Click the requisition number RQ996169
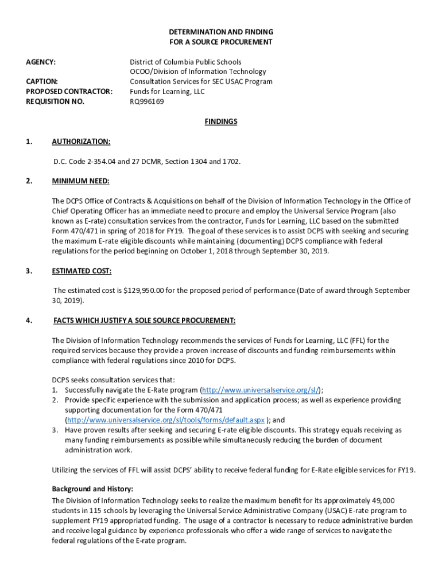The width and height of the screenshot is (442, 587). coord(146,101)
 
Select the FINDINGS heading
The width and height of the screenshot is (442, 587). coord(221,122)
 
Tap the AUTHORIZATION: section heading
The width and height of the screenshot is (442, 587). coord(81,142)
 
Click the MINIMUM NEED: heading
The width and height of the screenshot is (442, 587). coord(80,181)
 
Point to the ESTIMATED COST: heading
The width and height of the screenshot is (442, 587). coord(82,271)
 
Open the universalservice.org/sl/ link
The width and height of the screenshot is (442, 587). coord(261,390)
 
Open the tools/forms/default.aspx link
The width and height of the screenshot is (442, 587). coord(166,420)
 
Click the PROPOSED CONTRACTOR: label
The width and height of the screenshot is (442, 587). coord(69,92)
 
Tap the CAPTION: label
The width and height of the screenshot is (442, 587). coord(42,81)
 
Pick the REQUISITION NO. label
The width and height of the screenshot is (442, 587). coord(55,101)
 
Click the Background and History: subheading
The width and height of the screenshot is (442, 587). coord(92,489)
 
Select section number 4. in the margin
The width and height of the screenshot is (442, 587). coord(29,320)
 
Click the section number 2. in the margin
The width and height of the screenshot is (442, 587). coord(29,181)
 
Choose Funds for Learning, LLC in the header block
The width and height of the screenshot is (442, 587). coord(166,92)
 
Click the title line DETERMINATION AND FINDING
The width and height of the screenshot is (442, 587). coord(221,32)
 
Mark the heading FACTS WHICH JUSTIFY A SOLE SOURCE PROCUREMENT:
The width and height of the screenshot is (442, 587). coord(144,320)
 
